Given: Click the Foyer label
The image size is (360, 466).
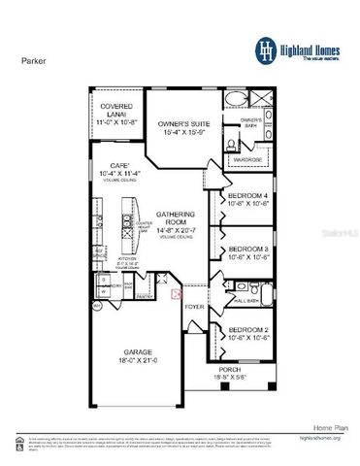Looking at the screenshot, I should (194, 307).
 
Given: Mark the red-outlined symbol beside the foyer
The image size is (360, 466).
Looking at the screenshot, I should (176, 292).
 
